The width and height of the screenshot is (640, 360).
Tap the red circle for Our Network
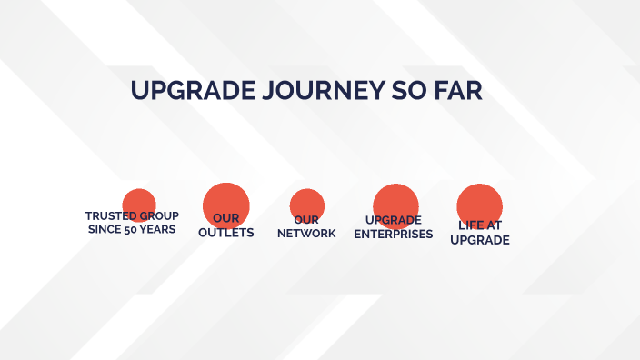307,203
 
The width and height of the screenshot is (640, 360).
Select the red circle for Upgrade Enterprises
395,201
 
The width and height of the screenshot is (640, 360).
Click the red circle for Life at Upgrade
480,201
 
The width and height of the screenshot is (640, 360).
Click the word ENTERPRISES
394,234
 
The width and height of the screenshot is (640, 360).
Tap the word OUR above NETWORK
307,220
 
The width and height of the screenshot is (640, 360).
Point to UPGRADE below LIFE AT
480,240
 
